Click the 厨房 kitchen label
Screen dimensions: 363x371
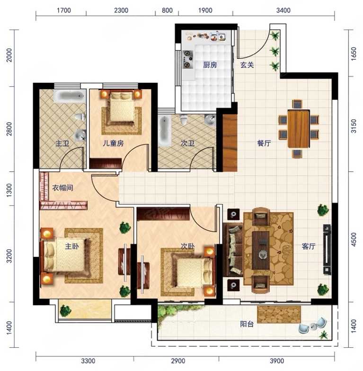tap(210, 65)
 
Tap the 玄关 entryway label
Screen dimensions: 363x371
tap(247, 64)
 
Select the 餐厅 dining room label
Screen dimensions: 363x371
tap(264, 143)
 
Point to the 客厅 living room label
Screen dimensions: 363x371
tap(309, 246)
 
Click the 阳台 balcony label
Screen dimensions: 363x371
tap(247, 324)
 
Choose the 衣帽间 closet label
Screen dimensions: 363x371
tap(62, 188)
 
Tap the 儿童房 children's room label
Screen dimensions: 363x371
tap(113, 143)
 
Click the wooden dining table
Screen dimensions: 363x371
tap(299, 129)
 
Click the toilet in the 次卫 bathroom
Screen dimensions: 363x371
tap(184, 119)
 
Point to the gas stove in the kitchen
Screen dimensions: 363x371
tap(187, 59)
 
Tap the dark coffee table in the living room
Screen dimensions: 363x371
tap(261, 250)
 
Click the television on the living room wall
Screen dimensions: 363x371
tap(327, 249)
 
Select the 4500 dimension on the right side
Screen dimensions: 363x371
tap(354, 239)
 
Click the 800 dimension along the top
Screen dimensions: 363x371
tap(167, 10)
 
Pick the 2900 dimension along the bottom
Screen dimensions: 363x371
tap(178, 361)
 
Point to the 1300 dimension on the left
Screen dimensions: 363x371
tap(9, 190)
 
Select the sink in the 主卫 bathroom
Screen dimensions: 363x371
tap(80, 136)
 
